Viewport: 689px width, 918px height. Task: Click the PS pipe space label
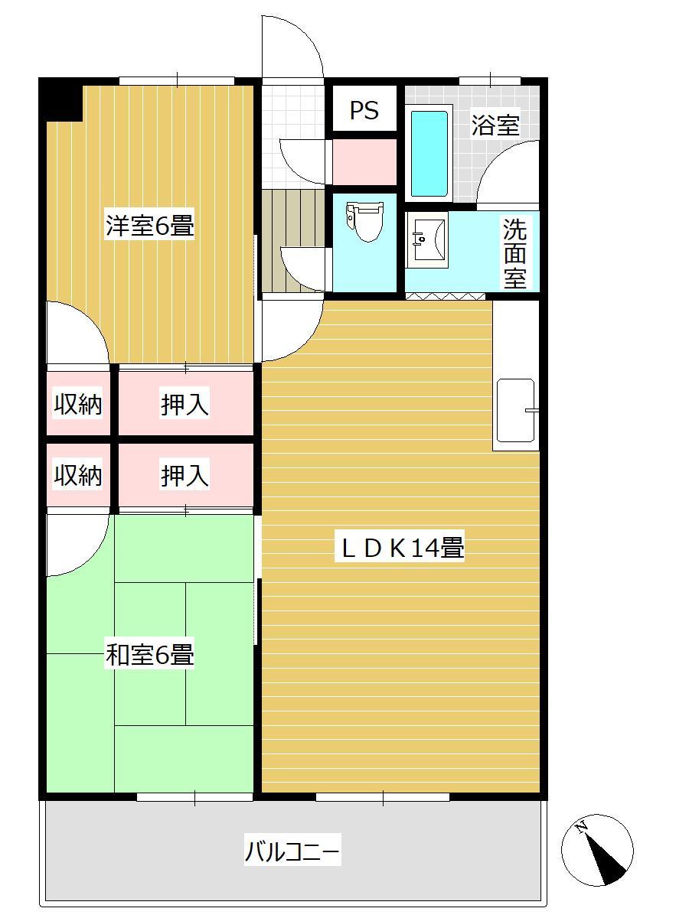coord(364,110)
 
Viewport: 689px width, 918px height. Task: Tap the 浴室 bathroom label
coord(495,125)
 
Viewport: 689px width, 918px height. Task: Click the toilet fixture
coord(365,222)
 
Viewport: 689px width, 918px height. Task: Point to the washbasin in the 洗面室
coord(426,239)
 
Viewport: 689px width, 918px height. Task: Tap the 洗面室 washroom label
coord(514,252)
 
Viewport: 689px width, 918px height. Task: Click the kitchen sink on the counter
coord(516,410)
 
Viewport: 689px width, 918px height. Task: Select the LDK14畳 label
coord(403,548)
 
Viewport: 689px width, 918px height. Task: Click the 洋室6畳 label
coord(150,226)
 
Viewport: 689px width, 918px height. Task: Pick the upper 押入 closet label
coord(184,405)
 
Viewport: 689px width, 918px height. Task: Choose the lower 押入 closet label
coord(184,476)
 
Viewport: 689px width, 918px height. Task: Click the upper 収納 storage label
coord(78,405)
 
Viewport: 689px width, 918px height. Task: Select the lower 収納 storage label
coord(78,476)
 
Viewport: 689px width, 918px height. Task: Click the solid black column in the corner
coord(61,100)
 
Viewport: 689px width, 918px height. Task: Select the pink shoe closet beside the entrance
coord(364,162)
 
